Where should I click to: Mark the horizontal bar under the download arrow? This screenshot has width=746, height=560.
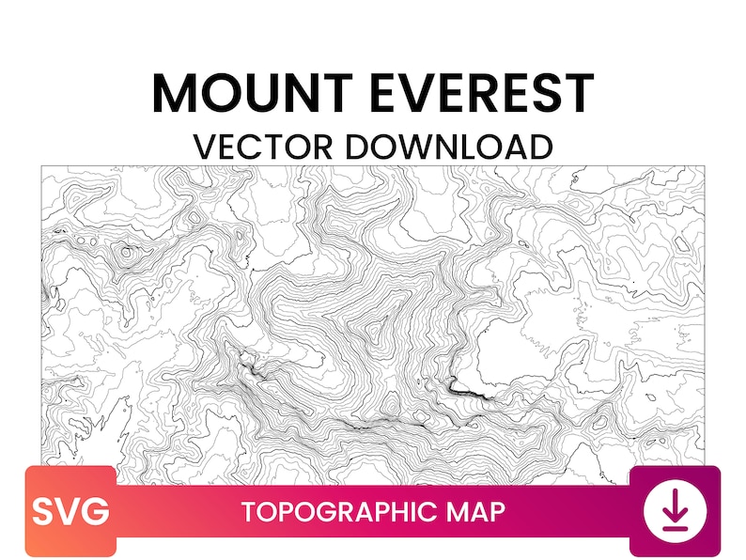pos(674,529)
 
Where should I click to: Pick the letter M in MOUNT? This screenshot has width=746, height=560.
pos(175,93)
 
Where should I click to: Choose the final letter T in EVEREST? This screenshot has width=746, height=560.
pos(578,93)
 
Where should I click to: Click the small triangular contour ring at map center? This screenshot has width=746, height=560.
pos(379,330)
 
